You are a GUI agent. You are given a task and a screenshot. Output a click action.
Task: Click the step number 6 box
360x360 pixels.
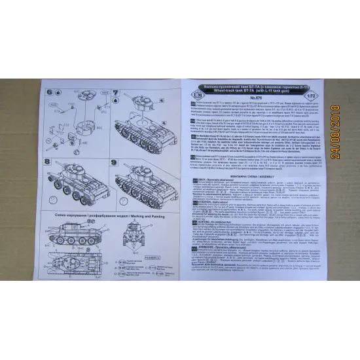[52, 92]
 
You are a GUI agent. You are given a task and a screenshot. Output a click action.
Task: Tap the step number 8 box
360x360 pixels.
[52, 159]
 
